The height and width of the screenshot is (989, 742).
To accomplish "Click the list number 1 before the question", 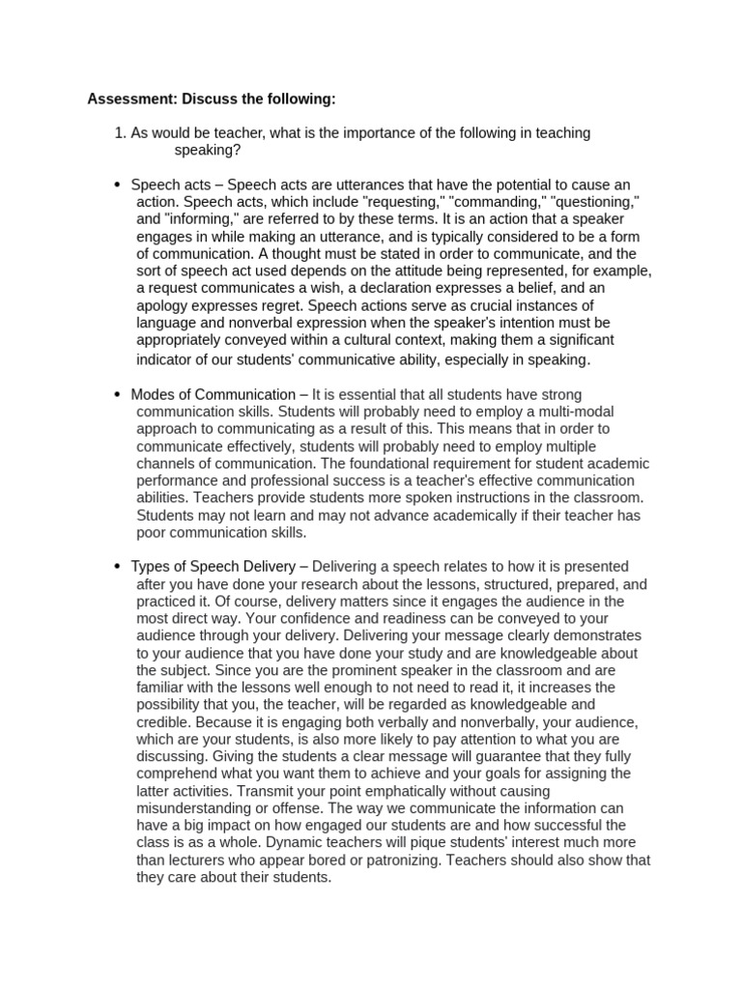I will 120,133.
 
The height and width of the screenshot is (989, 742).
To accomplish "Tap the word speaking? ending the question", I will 208,151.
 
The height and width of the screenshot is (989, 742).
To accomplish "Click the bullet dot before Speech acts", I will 117,185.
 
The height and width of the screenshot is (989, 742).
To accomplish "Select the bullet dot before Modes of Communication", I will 117,395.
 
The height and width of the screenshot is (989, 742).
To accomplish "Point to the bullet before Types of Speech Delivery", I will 117,567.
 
